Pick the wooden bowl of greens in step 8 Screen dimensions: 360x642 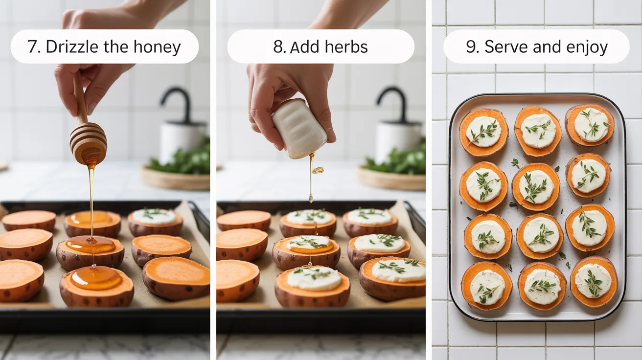click(x=391, y=177)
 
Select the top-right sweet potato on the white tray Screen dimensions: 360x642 click(x=590, y=125)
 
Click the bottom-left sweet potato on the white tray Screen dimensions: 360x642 click(x=486, y=286)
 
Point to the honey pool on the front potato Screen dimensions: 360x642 click(x=96, y=278)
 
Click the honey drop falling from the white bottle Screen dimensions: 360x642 click(x=318, y=170)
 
